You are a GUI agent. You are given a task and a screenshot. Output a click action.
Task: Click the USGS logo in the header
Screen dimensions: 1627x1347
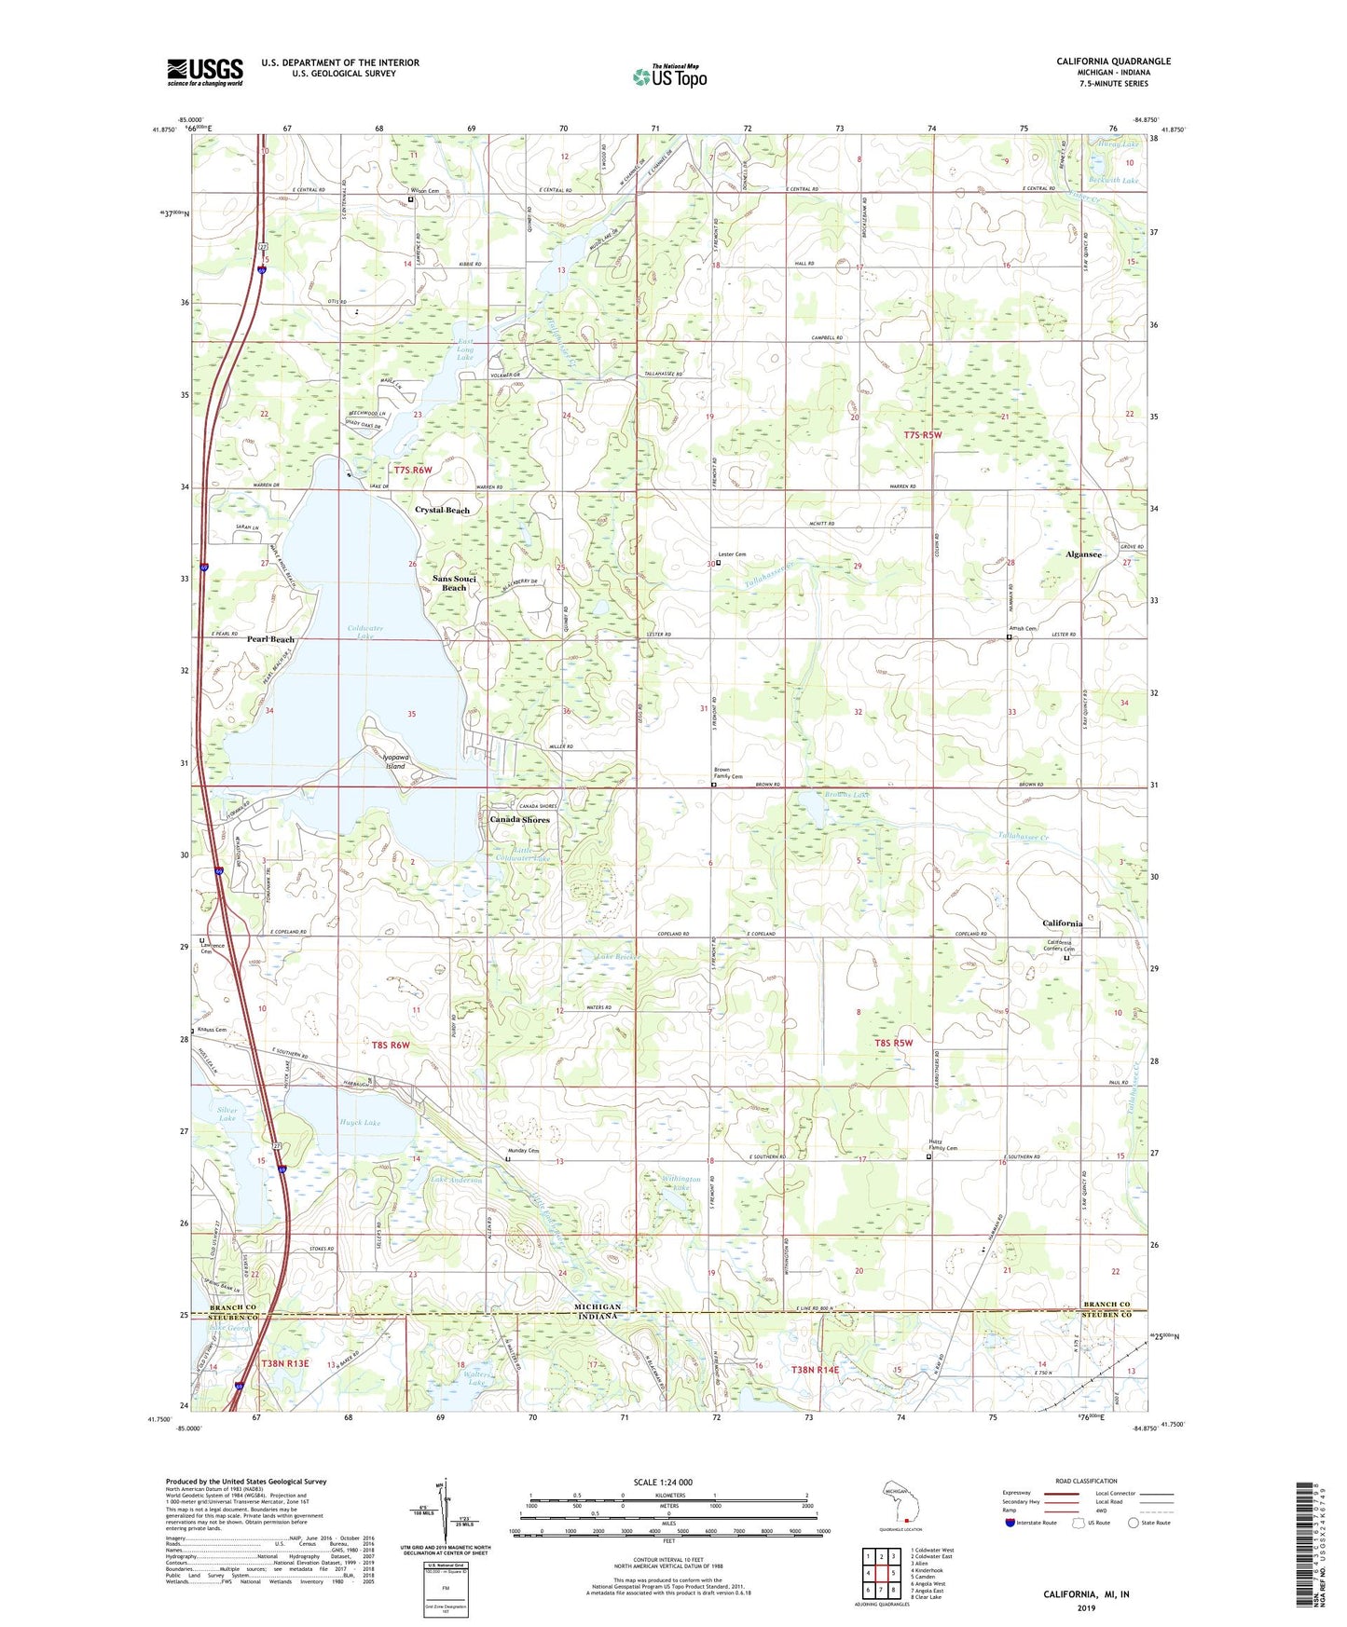click(204, 72)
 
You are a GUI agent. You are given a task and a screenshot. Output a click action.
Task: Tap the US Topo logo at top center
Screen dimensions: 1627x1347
click(669, 76)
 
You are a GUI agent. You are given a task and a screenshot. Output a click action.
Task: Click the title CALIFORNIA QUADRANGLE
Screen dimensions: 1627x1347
click(1113, 62)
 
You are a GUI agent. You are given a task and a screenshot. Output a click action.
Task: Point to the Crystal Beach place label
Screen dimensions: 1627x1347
click(442, 511)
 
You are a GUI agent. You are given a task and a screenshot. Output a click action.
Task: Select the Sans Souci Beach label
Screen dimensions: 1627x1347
click(454, 583)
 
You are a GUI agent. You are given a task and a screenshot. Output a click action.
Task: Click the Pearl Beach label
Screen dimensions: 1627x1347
click(270, 639)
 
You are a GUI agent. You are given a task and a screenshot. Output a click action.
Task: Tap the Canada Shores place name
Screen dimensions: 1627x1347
click(519, 820)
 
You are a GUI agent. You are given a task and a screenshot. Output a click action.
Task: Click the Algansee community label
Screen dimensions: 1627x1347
click(1083, 554)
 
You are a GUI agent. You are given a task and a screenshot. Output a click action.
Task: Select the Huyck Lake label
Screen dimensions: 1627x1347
click(360, 1123)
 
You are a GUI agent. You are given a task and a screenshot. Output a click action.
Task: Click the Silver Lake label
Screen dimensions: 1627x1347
click(227, 1114)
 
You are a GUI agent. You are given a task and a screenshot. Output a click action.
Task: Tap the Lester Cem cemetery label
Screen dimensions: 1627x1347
click(733, 554)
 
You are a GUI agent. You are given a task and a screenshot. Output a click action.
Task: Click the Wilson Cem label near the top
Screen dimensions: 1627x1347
click(424, 191)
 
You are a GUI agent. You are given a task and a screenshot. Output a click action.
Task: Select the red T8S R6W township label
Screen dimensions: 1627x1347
click(391, 1046)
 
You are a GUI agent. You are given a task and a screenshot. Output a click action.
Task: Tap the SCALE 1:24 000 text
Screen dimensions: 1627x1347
click(663, 1483)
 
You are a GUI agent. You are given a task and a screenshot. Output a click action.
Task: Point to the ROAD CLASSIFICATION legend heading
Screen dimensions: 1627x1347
click(1086, 1481)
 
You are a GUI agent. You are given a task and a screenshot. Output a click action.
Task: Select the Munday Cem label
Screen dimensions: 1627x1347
click(523, 1151)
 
